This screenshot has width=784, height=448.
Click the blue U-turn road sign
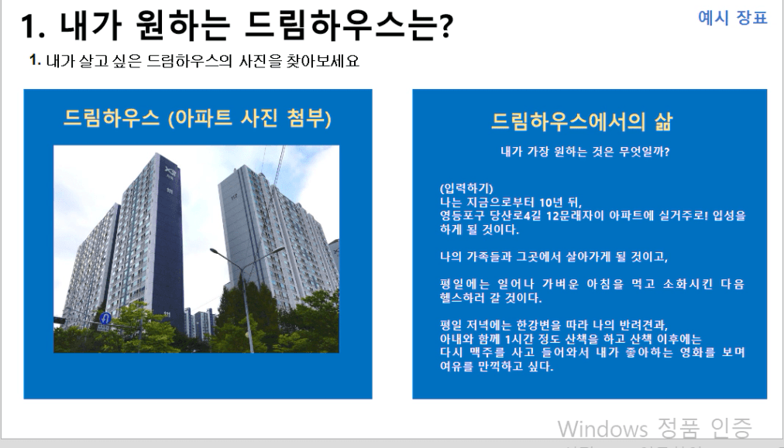pyautogui.click(x=105, y=318)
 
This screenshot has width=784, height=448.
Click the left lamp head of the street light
pyautogui.click(x=215, y=251)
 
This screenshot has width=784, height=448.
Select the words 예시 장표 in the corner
pyautogui.click(x=732, y=18)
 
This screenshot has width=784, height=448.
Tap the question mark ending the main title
pyautogui.click(x=444, y=26)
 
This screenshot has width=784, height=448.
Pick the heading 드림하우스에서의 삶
pyautogui.click(x=582, y=121)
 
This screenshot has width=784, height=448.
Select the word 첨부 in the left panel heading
pyautogui.click(x=305, y=118)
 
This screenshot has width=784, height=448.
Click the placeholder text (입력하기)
pyautogui.click(x=466, y=188)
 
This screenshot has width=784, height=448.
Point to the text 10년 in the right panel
pyautogui.click(x=551, y=202)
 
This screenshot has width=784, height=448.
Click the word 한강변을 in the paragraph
pyautogui.click(x=538, y=325)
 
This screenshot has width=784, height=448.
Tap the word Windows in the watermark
pyautogui.click(x=603, y=429)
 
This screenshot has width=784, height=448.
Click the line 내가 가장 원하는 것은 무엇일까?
pyautogui.click(x=585, y=152)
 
